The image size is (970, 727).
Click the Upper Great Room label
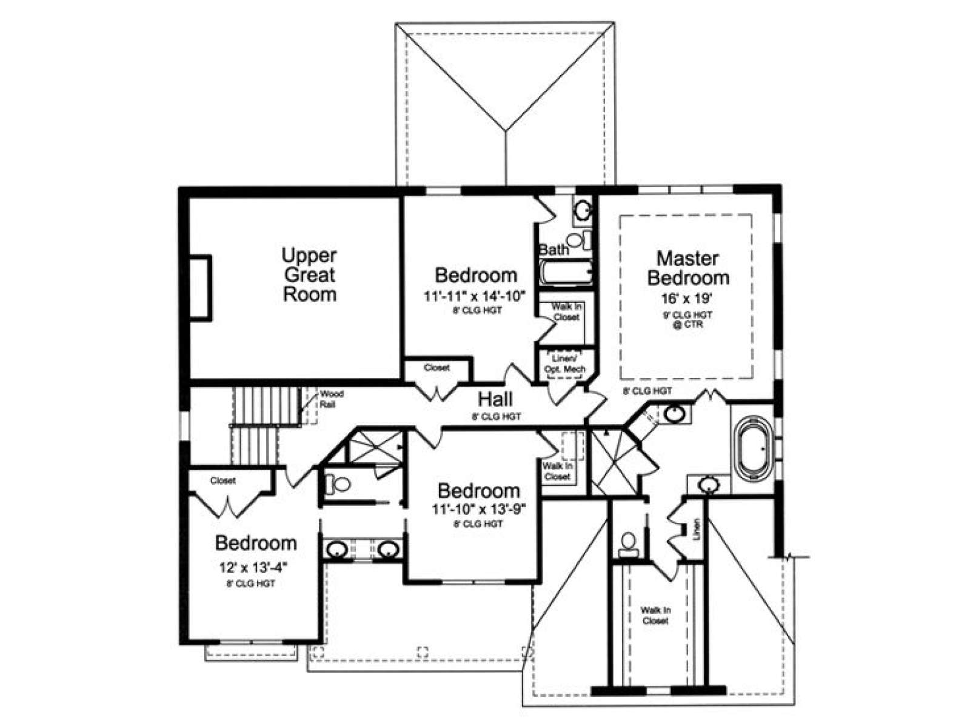click(x=309, y=274)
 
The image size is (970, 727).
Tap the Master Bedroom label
click(x=687, y=268)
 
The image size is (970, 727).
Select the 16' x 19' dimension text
click(x=687, y=299)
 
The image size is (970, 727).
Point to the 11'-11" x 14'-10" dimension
click(x=475, y=296)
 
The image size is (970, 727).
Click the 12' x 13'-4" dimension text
click(x=253, y=567)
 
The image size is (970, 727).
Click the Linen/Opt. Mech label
click(x=565, y=363)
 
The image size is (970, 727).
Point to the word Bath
click(x=554, y=250)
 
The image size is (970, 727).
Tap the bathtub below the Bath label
click(x=566, y=273)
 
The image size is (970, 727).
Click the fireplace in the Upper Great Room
click(x=201, y=287)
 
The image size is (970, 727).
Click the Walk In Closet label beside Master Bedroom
click(x=566, y=311)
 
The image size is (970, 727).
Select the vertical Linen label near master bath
click(x=697, y=529)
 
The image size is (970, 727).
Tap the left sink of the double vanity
click(x=338, y=550)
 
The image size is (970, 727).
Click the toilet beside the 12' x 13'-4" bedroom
click(x=338, y=484)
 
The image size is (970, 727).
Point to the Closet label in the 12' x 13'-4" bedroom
click(x=222, y=480)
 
